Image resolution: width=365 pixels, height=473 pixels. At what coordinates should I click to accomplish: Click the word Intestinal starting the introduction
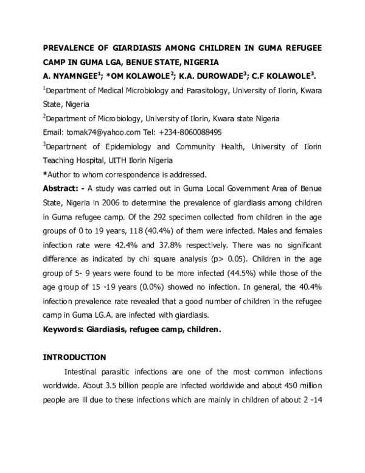[85, 371]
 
